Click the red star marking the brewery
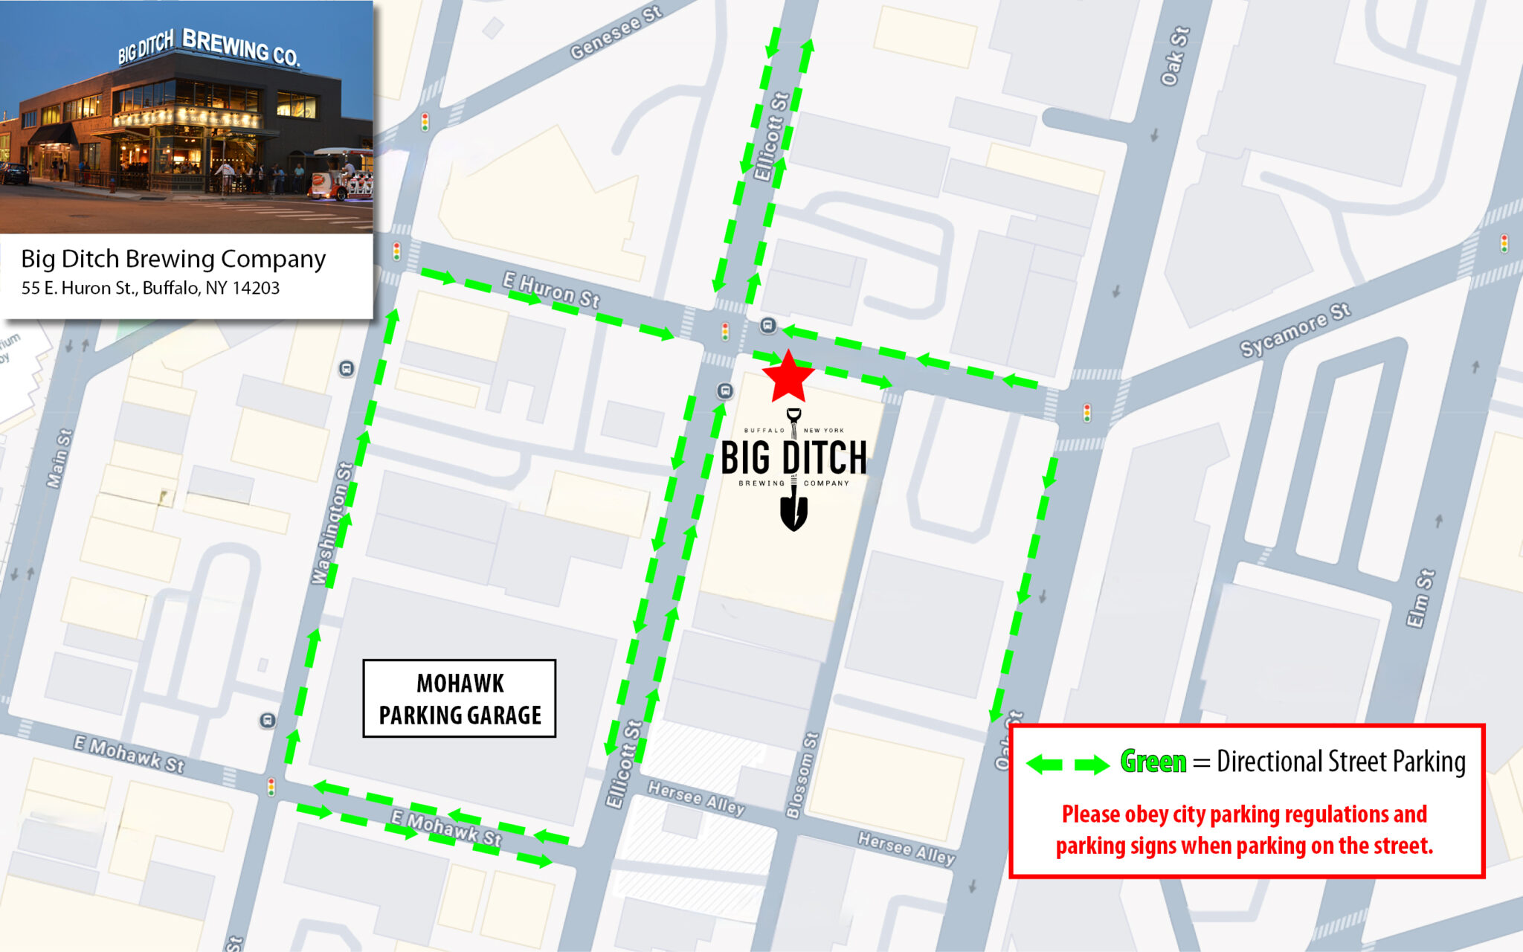coord(788,378)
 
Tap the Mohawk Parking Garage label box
coord(460,698)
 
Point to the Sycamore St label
coord(1295,330)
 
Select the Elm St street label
coord(1420,599)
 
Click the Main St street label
coord(59,458)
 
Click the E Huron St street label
coord(551,289)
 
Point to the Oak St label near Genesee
coord(1176,57)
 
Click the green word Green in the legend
coord(1153,762)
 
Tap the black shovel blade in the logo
coord(793,513)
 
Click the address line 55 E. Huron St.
coord(150,288)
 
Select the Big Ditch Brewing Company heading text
coord(173,258)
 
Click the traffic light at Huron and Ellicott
coord(725,331)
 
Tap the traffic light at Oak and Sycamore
coord(1087,413)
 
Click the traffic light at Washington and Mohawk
coord(271,786)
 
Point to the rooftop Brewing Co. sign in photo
coord(240,48)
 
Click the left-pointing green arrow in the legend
coord(1044,764)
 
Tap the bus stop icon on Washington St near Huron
coord(347,369)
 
